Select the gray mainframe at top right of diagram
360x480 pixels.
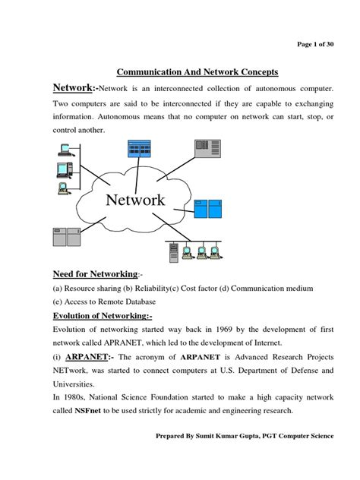(208, 150)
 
